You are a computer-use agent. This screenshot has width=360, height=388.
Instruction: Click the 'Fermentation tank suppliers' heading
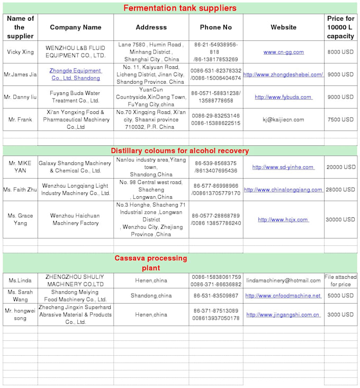pos(179,8)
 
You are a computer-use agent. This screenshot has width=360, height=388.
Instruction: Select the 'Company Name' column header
pos(75,27)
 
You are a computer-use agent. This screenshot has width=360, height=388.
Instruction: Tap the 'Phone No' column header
pos(215,27)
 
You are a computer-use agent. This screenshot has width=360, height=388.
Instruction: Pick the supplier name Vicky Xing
pos(21,52)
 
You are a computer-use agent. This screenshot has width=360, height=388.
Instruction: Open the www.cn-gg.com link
pos(283,52)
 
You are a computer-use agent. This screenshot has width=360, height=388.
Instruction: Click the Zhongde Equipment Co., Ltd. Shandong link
pos(75,74)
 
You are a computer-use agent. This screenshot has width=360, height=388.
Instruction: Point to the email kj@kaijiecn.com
pos(283,120)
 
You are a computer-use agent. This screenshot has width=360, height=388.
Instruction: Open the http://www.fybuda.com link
pos(283,97)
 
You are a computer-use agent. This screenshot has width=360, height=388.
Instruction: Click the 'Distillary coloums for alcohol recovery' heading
pos(179,151)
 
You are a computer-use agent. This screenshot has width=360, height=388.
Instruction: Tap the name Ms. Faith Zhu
pos(21,189)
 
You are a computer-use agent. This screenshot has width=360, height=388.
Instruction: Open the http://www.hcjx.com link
pos(283,219)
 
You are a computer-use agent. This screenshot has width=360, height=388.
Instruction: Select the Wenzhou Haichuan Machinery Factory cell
pos(75,219)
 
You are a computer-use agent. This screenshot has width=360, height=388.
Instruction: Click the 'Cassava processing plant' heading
pos(151,263)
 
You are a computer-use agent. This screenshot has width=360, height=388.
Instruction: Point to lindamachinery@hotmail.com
pos(283,280)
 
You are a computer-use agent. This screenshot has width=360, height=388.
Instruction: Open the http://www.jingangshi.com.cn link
pos(283,314)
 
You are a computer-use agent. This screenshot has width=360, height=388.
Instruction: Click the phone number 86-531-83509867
pos(215,296)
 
